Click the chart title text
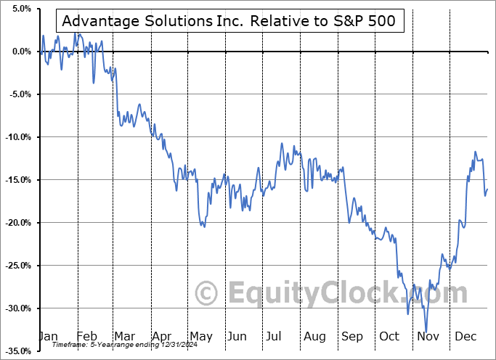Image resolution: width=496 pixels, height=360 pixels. click(229, 21)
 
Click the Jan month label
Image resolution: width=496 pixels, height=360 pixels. click(48, 337)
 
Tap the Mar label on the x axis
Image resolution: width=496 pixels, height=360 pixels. click(125, 337)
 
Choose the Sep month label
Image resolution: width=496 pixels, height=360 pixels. click(354, 337)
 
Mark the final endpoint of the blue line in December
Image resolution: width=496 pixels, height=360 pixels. click(487, 189)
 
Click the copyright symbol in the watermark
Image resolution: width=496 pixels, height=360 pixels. click(207, 294)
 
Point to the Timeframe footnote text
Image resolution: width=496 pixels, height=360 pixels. click(106, 345)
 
